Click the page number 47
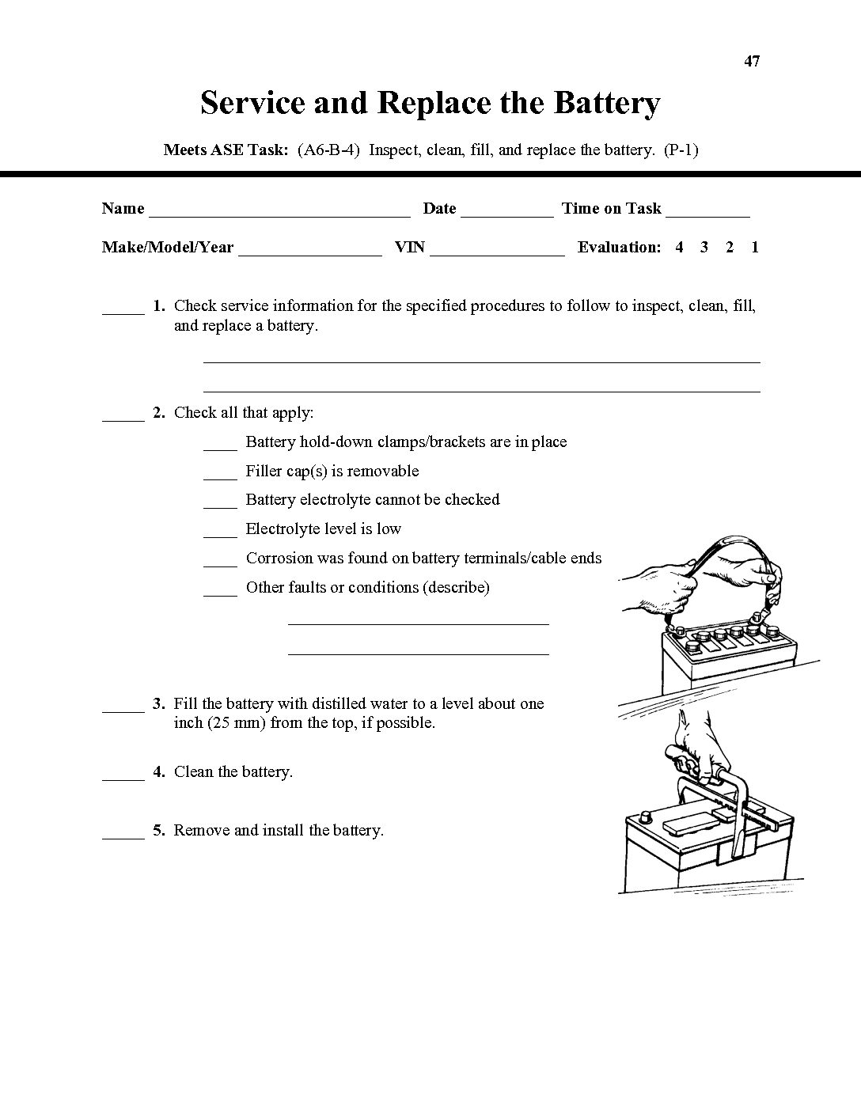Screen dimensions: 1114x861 tap(752, 61)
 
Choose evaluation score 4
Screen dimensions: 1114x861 tap(679, 247)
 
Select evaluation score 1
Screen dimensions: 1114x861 tap(755, 247)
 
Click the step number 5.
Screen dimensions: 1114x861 tap(159, 830)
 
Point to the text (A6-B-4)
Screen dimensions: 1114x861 tap(328, 150)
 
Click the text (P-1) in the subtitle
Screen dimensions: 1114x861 tap(681, 150)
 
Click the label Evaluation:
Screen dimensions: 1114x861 tap(619, 247)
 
